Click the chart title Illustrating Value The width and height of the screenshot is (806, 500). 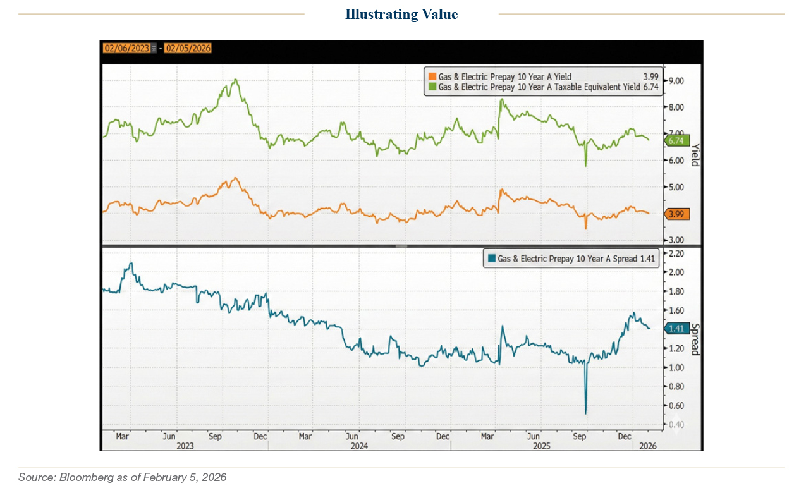pyautogui.click(x=401, y=14)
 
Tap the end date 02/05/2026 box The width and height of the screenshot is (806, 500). pyautogui.click(x=188, y=48)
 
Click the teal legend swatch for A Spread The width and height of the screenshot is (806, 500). pyautogui.click(x=491, y=259)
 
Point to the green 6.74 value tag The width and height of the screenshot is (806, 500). pyautogui.click(x=677, y=141)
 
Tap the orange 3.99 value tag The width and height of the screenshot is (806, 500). pyautogui.click(x=677, y=214)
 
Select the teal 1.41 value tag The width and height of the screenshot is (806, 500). pyautogui.click(x=677, y=328)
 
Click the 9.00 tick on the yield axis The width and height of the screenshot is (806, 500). pyautogui.click(x=676, y=81)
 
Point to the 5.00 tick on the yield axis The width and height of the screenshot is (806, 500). pyautogui.click(x=676, y=187)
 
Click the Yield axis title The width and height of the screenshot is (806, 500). pyautogui.click(x=694, y=155)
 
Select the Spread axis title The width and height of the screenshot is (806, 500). pyautogui.click(x=694, y=339)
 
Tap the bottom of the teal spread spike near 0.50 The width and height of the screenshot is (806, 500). pyautogui.click(x=586, y=413)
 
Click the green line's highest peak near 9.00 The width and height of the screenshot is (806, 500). pyautogui.click(x=235, y=80)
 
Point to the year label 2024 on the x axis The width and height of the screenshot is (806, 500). pyautogui.click(x=359, y=445)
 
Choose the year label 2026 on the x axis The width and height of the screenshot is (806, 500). pyautogui.click(x=647, y=445)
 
